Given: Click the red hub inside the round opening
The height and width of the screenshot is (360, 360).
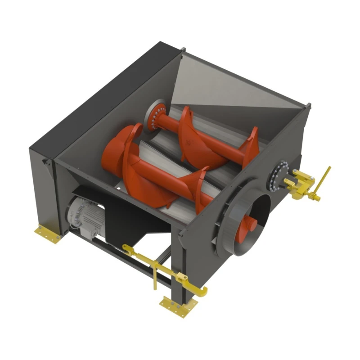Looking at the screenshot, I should point(249,222).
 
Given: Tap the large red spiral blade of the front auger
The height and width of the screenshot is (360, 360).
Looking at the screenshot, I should point(124,148).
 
